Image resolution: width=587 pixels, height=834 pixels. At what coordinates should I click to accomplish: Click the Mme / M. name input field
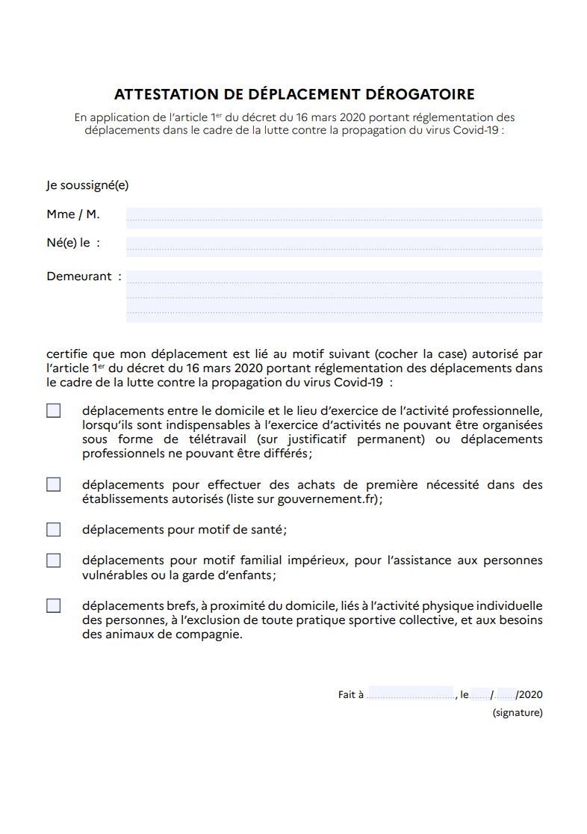tap(334, 217)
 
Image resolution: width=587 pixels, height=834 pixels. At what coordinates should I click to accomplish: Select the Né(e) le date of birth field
tap(334, 246)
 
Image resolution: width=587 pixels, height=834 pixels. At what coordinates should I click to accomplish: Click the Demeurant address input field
tap(334, 296)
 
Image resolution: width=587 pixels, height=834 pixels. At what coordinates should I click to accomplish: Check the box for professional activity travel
tap(54, 411)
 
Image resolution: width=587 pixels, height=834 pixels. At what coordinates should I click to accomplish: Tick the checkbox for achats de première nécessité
tap(54, 484)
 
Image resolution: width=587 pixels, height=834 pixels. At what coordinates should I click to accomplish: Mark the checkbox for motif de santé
tap(54, 530)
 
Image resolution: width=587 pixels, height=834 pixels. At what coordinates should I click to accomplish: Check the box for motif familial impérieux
tap(54, 560)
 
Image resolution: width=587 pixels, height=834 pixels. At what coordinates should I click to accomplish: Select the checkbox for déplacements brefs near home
tap(54, 606)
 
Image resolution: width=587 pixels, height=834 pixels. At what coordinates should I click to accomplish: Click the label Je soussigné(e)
tap(87, 185)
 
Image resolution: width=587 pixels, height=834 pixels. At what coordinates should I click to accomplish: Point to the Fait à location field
tap(410, 694)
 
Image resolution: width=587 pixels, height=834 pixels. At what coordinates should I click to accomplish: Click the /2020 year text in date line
tap(529, 694)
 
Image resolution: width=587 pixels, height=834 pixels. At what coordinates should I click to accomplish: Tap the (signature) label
tap(518, 713)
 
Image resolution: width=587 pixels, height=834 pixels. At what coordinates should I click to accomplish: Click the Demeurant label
tap(79, 277)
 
